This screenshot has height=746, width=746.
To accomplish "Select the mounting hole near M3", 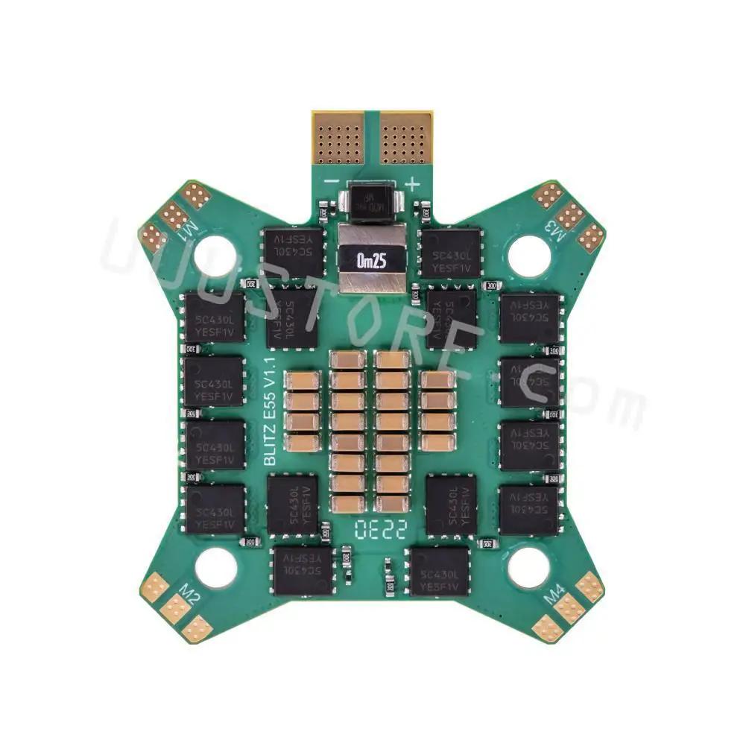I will [530, 256].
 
